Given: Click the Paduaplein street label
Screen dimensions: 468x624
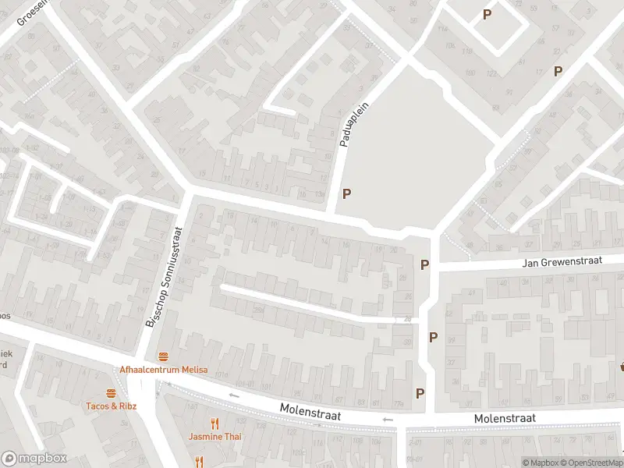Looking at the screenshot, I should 353,124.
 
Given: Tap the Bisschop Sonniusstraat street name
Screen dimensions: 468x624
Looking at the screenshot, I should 164,277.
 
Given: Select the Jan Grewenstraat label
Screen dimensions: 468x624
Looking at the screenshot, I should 562,263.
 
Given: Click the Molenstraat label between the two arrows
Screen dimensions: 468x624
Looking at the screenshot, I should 310,410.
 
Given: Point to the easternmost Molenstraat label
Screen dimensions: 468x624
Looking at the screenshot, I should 505,419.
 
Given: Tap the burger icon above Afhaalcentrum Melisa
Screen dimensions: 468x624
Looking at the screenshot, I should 163,356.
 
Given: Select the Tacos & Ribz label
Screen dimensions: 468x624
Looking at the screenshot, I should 111,406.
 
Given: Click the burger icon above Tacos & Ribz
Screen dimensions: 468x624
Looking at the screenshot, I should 111,393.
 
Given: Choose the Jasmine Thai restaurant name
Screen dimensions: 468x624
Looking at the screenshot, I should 215,436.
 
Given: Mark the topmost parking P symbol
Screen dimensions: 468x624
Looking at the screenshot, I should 487,14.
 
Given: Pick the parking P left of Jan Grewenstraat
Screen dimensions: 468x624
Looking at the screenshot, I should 424,264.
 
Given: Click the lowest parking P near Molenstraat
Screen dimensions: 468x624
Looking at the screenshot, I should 420,394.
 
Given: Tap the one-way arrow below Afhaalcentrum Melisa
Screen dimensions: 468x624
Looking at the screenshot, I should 233,395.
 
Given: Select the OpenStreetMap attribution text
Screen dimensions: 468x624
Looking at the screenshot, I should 594,463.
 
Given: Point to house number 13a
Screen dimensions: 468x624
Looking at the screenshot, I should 320,193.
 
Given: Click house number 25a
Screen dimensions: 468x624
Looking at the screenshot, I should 257,310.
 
